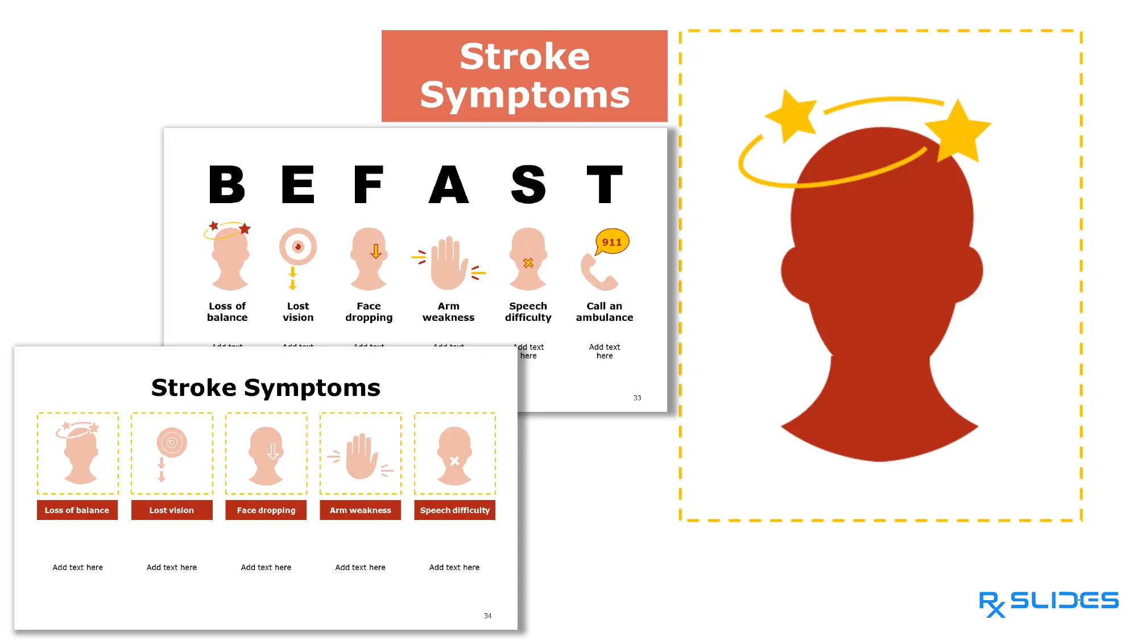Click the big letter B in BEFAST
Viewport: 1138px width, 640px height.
tap(227, 184)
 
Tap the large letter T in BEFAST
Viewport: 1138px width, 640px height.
tap(605, 184)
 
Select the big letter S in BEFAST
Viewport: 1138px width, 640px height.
tap(528, 184)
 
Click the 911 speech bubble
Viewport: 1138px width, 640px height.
tap(612, 242)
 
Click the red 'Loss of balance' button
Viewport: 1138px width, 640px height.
tap(77, 510)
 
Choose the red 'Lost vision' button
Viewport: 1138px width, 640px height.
tap(172, 510)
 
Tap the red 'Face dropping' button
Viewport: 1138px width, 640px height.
tap(266, 510)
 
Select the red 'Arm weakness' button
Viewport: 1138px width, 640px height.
tap(361, 510)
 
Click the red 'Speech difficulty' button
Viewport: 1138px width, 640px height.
tap(455, 510)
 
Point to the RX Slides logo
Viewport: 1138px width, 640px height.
tap(1048, 603)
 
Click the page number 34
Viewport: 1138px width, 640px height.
tap(487, 616)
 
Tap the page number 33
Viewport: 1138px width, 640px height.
tap(637, 398)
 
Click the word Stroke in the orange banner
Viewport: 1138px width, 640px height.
tap(524, 56)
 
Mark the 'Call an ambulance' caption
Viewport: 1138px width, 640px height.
tap(605, 312)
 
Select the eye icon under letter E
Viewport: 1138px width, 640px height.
tap(297, 247)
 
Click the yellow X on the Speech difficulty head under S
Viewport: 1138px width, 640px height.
tap(528, 263)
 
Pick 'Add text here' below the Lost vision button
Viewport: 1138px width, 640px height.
tap(172, 567)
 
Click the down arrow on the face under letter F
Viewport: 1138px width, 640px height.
tap(375, 251)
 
